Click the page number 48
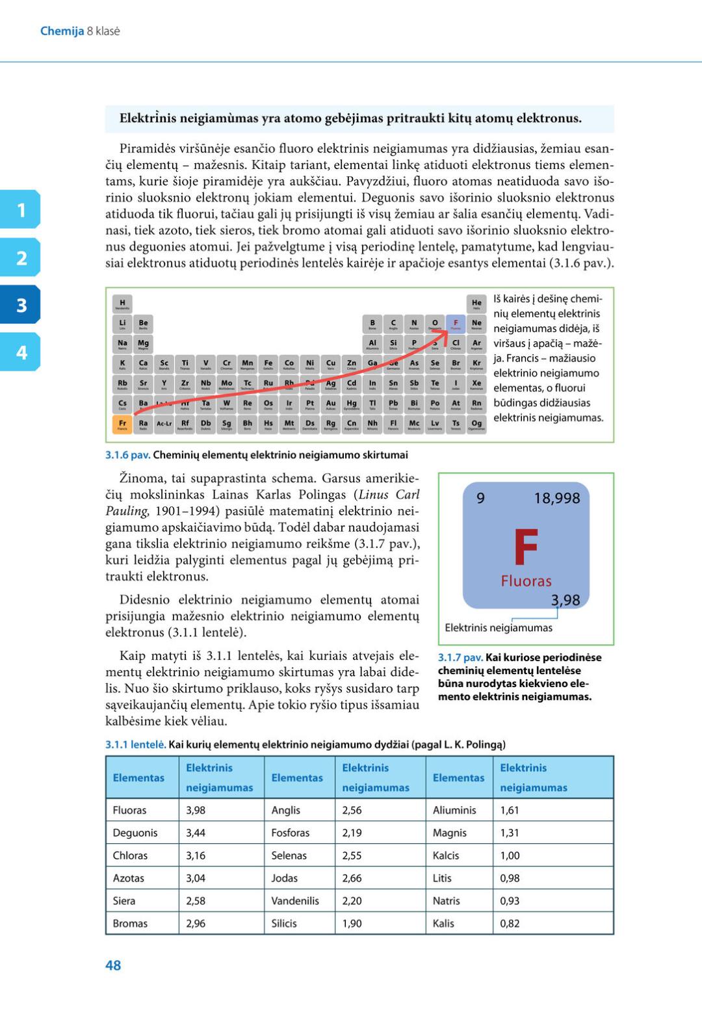point(113,965)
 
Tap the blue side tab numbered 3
point(21,305)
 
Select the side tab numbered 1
point(21,209)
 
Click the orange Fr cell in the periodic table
point(122,424)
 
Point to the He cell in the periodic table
point(476,304)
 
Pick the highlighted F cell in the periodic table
point(456,323)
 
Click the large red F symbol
point(525,548)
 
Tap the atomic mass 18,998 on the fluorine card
point(556,499)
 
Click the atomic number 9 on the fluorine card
point(480,499)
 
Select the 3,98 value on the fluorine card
point(565,600)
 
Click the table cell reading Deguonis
point(135,833)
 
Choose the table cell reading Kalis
point(443,923)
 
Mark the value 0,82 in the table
point(510,923)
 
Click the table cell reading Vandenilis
point(295,900)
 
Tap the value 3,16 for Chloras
point(196,855)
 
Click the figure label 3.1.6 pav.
point(127,455)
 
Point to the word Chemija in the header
point(62,31)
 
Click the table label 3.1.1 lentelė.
point(135,744)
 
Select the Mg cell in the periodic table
point(143,343)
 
